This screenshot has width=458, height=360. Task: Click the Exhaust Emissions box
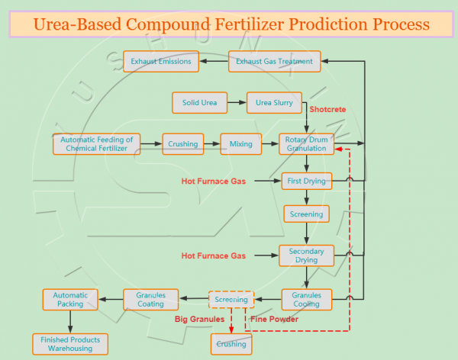pos(160,61)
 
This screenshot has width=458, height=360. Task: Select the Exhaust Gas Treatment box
pos(274,61)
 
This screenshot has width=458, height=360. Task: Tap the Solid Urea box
pos(199,103)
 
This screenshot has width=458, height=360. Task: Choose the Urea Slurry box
pos(274,103)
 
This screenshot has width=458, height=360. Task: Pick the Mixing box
pos(240,143)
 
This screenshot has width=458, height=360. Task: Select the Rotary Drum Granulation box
pos(306,144)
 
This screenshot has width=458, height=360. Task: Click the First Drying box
pos(306,182)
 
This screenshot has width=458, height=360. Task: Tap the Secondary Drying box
pos(306,256)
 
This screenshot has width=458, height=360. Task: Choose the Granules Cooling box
pos(306,300)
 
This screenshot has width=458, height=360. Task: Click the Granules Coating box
pos(150,300)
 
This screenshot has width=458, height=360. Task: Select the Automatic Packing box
pos(70,300)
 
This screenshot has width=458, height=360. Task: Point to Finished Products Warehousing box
pos(70,344)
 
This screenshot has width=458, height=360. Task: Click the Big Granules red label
pos(200,319)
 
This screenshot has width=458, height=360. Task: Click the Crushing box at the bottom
pos(231,344)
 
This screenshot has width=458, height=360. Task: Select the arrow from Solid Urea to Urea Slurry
pos(237,103)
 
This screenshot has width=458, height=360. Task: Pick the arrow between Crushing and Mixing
pos(211,143)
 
